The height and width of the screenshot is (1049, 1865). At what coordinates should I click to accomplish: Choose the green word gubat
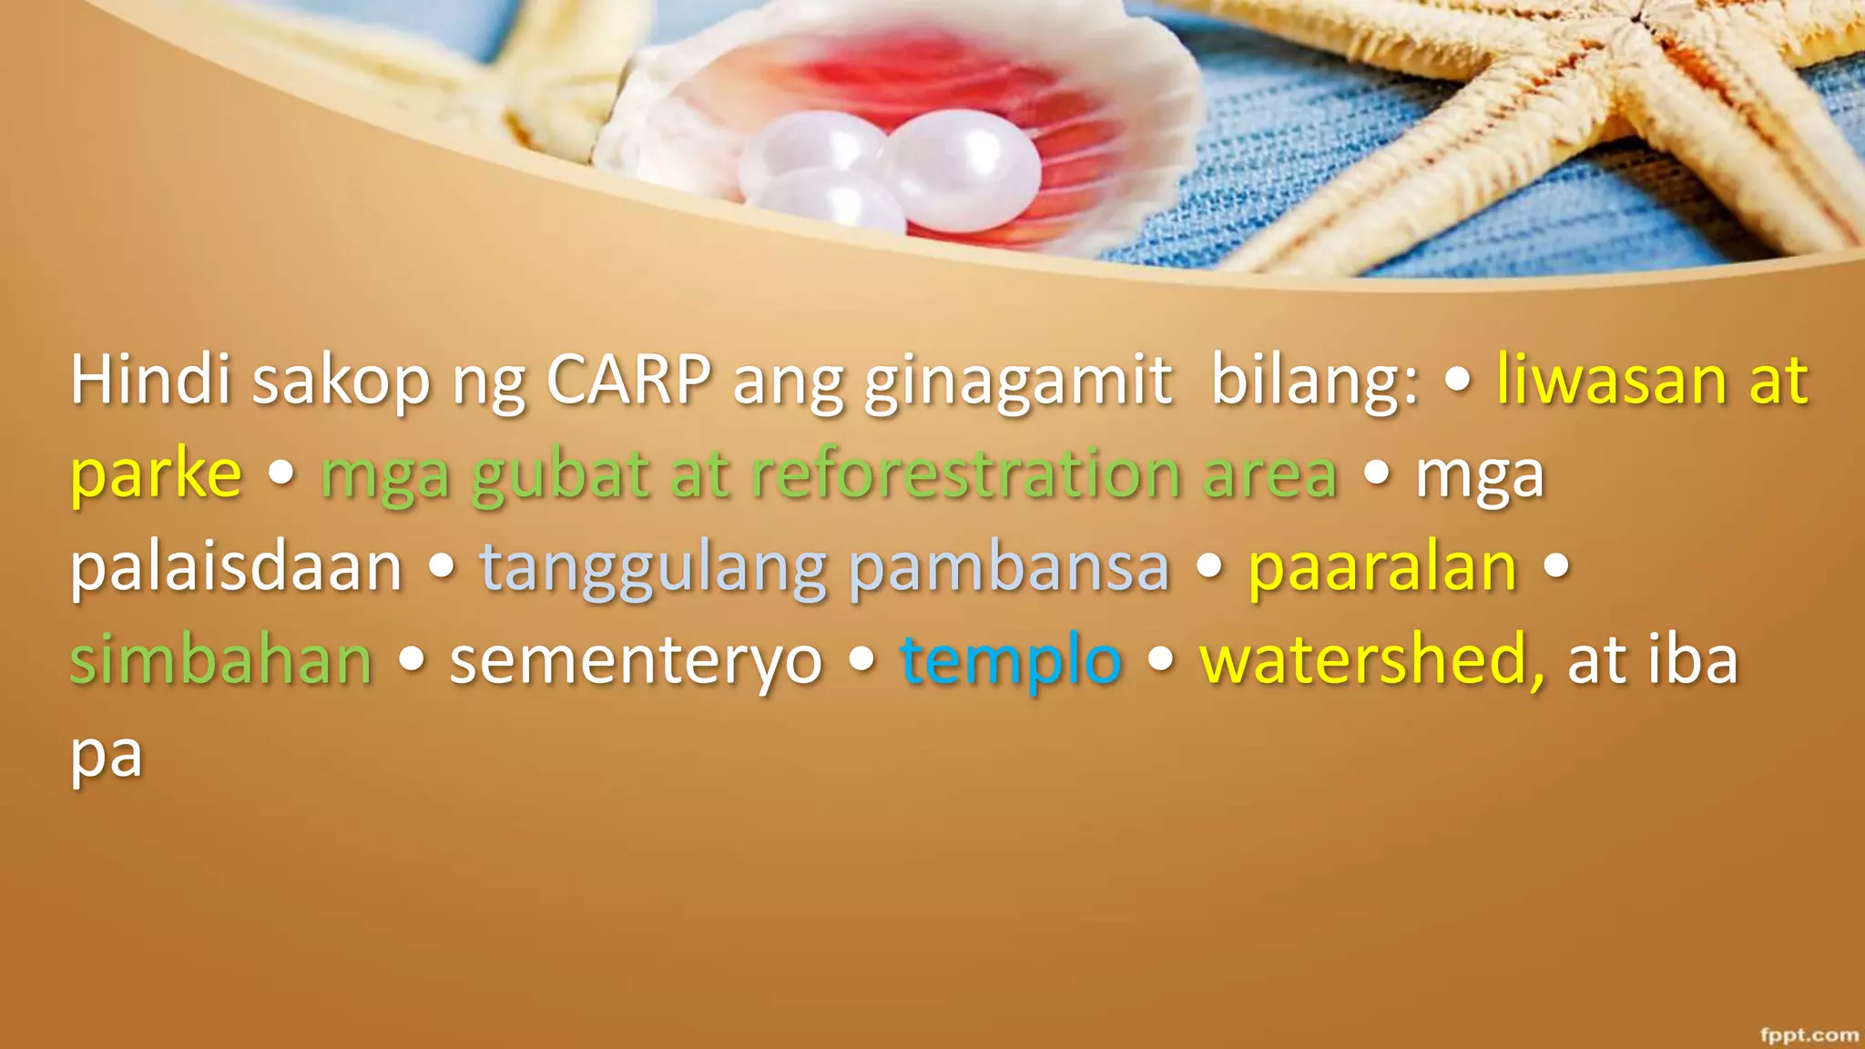click(560, 474)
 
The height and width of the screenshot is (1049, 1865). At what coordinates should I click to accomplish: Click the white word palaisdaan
click(236, 567)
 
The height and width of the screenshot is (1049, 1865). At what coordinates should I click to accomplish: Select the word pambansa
click(1009, 567)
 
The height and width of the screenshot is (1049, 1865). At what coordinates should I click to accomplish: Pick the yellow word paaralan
click(1382, 567)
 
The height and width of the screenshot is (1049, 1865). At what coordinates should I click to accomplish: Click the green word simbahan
click(221, 660)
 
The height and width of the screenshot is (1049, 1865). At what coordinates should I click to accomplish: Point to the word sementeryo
click(636, 660)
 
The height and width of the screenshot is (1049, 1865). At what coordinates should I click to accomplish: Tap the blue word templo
click(1011, 660)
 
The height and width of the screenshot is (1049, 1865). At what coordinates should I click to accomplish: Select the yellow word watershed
click(1371, 660)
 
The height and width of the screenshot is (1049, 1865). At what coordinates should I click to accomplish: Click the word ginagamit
click(1017, 381)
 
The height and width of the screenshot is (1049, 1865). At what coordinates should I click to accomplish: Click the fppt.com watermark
click(1809, 1034)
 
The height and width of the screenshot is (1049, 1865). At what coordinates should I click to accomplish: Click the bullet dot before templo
click(861, 658)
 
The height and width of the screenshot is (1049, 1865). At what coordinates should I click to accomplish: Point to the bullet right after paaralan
click(1557, 565)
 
